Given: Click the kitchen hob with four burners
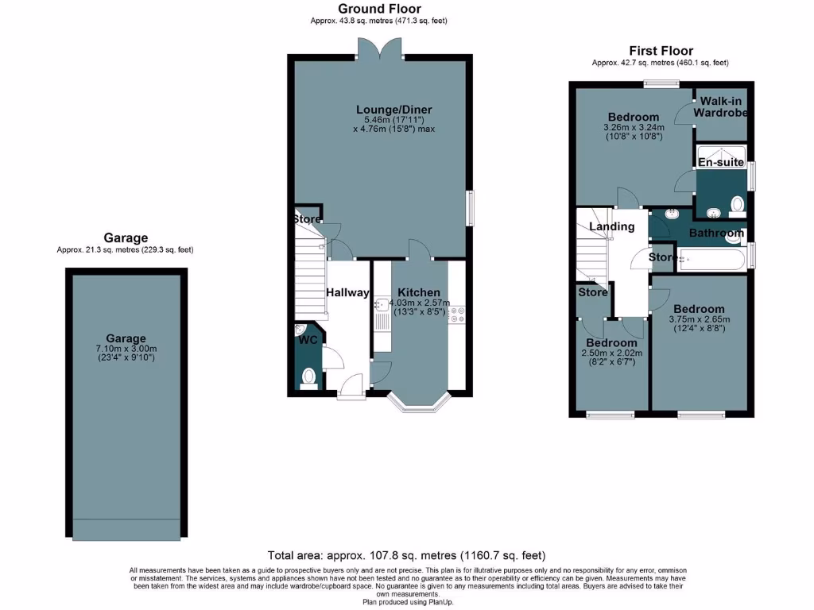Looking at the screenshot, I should coord(457,315).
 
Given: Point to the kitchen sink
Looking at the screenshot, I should coord(381,305).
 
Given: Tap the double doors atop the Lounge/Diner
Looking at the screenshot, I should coord(380,49).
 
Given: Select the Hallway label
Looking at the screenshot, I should coord(347,292).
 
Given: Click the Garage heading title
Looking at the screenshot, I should coord(126,237).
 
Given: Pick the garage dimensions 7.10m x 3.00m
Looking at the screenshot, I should coord(126,349).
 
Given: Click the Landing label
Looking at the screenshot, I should coord(611,226).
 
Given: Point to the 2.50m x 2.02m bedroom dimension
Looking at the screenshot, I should coord(611,353).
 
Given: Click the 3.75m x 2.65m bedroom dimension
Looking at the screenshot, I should coord(699,320).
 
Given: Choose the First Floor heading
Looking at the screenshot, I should coord(661,51).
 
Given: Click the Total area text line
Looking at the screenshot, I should coord(406,556).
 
